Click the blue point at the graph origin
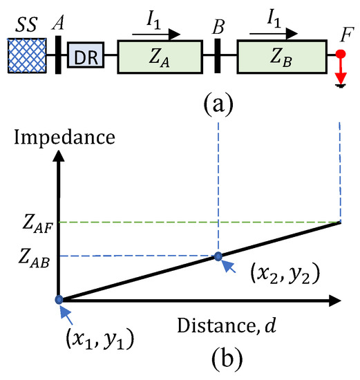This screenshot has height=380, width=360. point(59,300)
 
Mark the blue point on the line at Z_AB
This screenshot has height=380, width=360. point(218,256)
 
